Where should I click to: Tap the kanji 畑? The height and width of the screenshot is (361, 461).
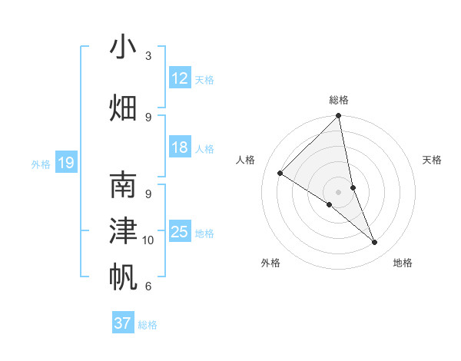123,107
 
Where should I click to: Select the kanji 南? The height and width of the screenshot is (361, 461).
123,186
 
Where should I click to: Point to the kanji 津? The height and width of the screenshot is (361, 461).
123,230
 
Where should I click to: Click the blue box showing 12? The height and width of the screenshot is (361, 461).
180,78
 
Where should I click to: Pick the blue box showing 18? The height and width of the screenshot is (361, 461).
180,148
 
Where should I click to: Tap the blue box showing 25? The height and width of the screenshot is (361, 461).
180,233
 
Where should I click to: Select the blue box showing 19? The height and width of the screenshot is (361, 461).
66,163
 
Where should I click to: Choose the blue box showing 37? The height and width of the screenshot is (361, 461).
123,323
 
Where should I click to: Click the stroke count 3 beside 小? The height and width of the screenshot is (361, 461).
148,56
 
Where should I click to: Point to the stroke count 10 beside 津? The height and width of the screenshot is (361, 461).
148,240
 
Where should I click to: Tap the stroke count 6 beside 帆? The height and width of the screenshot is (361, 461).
148,286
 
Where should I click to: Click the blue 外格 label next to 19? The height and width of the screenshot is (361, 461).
41,164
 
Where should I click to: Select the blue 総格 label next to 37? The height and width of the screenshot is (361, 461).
148,325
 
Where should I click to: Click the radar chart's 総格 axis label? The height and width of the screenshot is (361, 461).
339,100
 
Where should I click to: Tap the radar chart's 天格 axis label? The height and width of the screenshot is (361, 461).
433,160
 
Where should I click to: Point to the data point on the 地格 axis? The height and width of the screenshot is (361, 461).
375,243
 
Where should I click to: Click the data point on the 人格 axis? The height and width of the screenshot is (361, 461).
280,174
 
